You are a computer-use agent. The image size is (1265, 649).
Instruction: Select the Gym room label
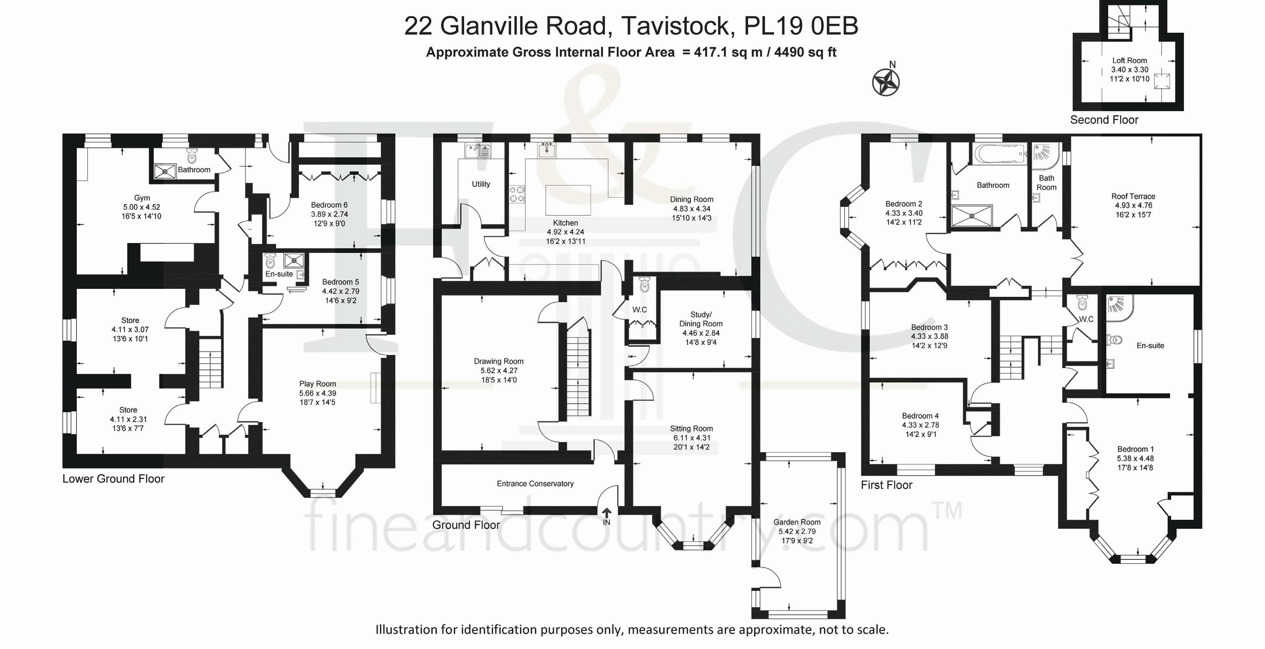(142, 198)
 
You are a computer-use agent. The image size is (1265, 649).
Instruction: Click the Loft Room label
(1129, 60)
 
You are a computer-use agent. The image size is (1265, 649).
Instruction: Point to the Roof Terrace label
(1134, 196)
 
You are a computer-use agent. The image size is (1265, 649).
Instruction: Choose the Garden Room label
(797, 522)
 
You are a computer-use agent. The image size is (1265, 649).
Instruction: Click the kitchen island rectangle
(568, 200)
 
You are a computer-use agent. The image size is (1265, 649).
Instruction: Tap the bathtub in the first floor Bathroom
(999, 154)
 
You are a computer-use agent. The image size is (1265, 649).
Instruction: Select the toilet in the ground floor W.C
(645, 284)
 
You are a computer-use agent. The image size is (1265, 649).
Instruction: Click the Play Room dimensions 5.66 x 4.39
(317, 393)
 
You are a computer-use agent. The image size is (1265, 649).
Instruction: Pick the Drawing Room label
(498, 361)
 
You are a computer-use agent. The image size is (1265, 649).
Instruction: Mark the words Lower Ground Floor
(113, 479)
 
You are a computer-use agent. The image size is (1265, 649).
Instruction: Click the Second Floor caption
(1104, 120)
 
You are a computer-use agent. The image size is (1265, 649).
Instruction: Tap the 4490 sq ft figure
(805, 52)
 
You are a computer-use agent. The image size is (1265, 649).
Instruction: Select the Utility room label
(481, 184)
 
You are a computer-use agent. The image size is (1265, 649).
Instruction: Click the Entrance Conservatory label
(535, 483)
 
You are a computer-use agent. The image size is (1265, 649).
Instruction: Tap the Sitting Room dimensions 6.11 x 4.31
(691, 438)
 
